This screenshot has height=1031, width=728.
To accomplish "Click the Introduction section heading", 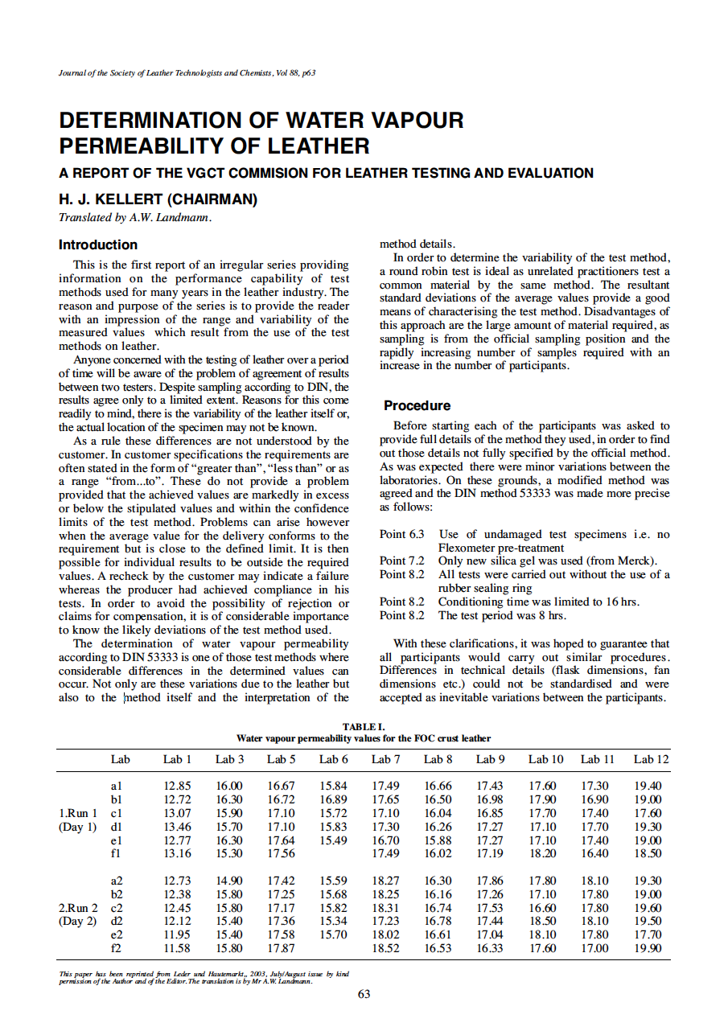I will pyautogui.click(x=98, y=244).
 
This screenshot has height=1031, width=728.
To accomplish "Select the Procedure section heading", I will pyautogui.click(x=417, y=405).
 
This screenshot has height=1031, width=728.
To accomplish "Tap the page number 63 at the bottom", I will pyautogui.click(x=364, y=994).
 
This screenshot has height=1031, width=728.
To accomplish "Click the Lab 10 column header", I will pyautogui.click(x=545, y=758).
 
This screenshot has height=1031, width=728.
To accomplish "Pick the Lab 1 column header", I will pyautogui.click(x=177, y=758).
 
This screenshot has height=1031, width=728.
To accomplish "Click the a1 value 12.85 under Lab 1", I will pyautogui.click(x=177, y=786).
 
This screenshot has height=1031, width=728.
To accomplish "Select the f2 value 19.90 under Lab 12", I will pyautogui.click(x=648, y=949).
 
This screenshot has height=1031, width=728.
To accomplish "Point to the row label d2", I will pyautogui.click(x=117, y=922).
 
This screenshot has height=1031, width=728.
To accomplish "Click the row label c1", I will pyautogui.click(x=117, y=813).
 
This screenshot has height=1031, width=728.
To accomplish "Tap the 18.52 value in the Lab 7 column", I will pyautogui.click(x=386, y=949).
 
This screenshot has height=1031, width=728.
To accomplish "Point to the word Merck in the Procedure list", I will pyautogui.click(x=640, y=561).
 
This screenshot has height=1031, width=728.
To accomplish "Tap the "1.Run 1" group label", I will pyautogui.click(x=78, y=813).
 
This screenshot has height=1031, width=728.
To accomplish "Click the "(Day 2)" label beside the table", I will pyautogui.click(x=77, y=922).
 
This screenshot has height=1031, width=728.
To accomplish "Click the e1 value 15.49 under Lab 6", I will pyautogui.click(x=333, y=840).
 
